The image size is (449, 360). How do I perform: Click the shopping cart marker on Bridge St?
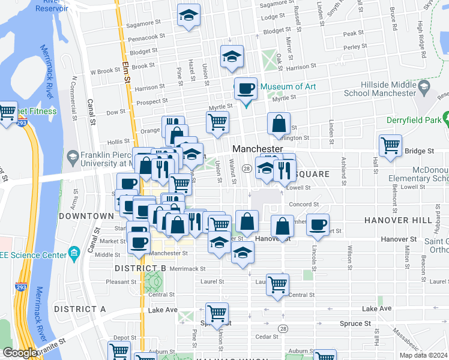click(391, 145)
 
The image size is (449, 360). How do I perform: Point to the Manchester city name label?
click(258, 148)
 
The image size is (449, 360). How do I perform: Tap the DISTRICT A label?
click(80, 308)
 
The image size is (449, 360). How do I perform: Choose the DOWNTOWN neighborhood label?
click(86, 215)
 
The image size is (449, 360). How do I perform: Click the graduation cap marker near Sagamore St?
click(189, 17)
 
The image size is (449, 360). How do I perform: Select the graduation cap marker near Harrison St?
click(232, 57)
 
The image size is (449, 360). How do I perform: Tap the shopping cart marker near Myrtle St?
click(217, 122)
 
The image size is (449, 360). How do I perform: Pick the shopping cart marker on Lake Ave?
click(217, 313)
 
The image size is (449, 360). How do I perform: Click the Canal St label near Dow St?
click(92, 112)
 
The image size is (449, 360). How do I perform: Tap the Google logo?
click(20, 353)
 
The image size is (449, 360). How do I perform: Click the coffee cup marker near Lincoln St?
click(318, 225)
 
